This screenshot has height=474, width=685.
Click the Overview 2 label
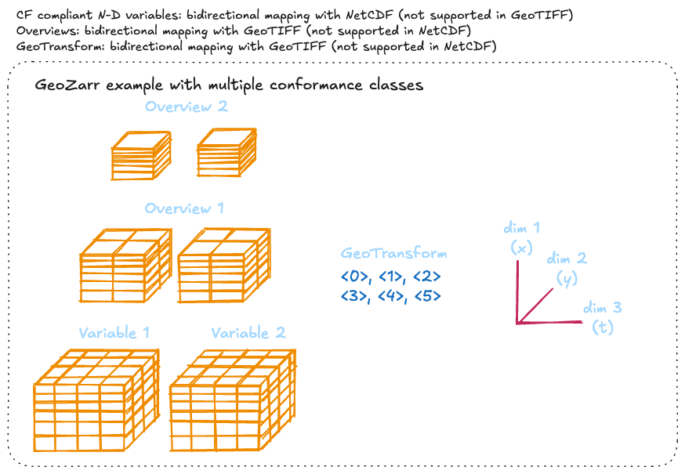tap(186, 107)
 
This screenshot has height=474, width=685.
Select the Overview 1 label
tap(184, 208)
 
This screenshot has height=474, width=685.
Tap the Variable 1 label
tap(114, 333)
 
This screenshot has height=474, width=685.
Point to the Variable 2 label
tap(248, 333)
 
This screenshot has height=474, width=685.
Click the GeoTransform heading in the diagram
tap(394, 254)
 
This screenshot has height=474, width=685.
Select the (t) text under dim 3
tap(603, 327)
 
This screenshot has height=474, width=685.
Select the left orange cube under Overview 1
tap(125, 266)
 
